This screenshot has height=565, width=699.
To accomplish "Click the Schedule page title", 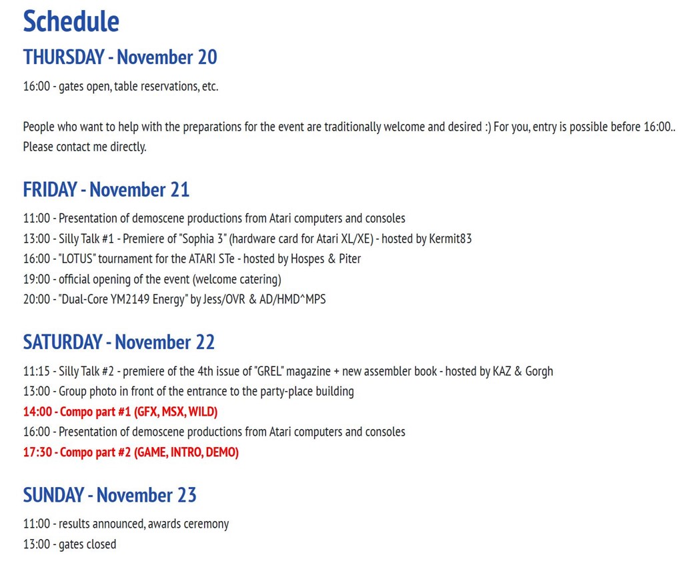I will click(x=71, y=21).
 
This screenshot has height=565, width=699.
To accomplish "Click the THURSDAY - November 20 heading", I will click(x=120, y=57).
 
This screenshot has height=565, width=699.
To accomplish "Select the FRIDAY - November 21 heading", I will click(x=106, y=190).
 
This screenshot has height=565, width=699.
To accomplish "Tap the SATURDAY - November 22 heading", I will click(x=119, y=342).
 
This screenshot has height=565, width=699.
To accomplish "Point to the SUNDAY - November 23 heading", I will click(x=109, y=495).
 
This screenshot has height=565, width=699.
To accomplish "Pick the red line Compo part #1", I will click(x=120, y=412).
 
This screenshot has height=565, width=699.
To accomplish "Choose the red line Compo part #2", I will click(x=131, y=452).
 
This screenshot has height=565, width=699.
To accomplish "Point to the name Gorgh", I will click(x=538, y=371).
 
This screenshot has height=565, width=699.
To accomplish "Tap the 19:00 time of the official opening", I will click(x=36, y=279).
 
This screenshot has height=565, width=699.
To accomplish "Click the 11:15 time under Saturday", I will click(x=36, y=371).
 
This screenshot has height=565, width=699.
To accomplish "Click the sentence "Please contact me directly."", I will click(x=85, y=147).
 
